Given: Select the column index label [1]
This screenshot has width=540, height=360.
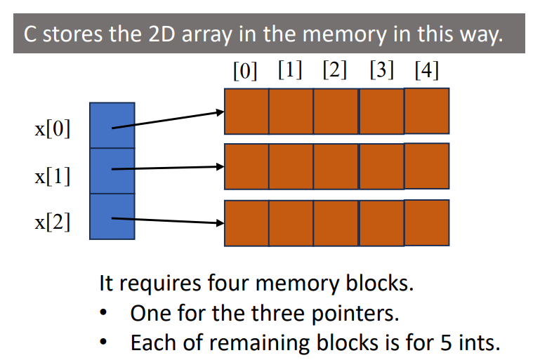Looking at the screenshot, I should point(290,72).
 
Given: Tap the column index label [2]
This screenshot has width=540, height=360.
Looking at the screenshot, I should point(335,72).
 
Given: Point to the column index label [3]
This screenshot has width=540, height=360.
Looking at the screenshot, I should point(381,72).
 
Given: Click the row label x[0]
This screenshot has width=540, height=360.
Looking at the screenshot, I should point(53,130).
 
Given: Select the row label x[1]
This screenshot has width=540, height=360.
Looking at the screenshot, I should point(53,176).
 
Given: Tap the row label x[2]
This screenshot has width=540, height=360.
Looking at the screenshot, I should point(53,225).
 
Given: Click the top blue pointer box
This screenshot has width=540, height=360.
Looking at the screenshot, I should point(112,125).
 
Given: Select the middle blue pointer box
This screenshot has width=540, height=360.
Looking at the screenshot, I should point(112,171).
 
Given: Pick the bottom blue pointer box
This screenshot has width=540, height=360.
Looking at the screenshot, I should point(112,217).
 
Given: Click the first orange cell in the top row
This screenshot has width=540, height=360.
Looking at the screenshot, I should point(246,111).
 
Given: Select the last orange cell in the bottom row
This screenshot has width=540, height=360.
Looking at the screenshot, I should point(426,222).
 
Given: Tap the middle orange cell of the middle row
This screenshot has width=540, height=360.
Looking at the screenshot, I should point(336,166).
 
